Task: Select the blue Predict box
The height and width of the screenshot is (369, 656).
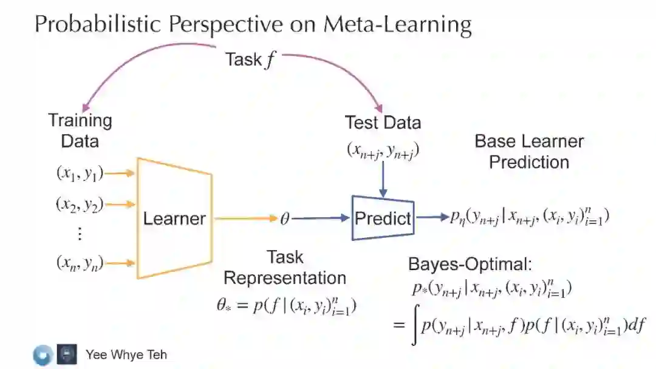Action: [383, 218]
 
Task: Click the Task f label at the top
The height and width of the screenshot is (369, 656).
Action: [250, 59]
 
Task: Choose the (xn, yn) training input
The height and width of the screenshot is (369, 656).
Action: [80, 263]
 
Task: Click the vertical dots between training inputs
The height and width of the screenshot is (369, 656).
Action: [80, 234]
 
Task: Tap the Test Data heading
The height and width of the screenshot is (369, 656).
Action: [383, 122]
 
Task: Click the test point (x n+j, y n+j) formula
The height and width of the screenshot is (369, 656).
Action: [383, 151]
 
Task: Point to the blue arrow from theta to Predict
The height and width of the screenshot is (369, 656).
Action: [322, 218]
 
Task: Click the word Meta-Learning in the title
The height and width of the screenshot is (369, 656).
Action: [397, 24]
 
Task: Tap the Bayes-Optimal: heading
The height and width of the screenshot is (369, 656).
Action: [470, 264]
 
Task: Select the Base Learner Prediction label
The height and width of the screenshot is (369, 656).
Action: [529, 152]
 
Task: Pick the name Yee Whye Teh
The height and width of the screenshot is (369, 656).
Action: [126, 354]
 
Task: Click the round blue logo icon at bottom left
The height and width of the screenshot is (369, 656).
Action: [42, 354]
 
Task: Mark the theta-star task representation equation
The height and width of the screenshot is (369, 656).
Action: [286, 306]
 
